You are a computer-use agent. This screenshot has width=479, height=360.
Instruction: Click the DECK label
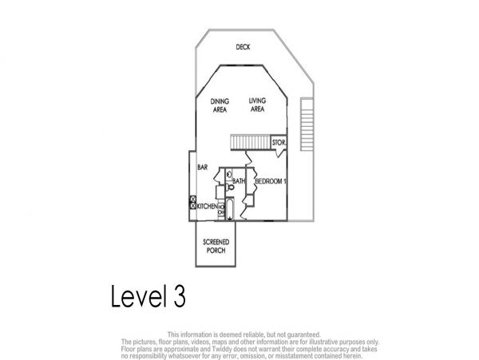[243, 47]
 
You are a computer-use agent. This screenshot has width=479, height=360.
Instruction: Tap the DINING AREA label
[220, 105]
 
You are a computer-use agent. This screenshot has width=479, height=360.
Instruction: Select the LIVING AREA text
[257, 105]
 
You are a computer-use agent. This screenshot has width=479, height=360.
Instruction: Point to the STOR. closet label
[279, 142]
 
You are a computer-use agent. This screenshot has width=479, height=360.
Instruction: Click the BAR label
[203, 168]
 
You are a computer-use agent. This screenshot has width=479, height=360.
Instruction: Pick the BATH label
[239, 181]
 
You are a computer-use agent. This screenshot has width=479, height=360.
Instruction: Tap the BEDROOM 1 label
[271, 181]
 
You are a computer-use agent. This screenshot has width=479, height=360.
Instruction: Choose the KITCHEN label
[207, 207]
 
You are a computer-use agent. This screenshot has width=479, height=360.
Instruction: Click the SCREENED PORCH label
[216, 246]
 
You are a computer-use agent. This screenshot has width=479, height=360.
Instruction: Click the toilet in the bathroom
[230, 187]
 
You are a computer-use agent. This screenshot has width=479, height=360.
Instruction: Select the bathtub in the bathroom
[230, 209]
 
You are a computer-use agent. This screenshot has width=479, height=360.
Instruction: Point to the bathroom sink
[229, 175]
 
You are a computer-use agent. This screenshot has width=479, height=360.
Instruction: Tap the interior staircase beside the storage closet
[251, 142]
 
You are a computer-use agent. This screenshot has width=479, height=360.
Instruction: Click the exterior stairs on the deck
[307, 124]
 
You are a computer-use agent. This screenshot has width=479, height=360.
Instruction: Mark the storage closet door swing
[279, 152]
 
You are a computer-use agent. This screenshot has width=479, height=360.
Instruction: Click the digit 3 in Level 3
[180, 295]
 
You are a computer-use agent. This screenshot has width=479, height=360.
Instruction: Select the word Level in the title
[139, 295]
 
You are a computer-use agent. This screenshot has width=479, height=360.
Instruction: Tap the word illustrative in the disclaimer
[323, 342]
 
